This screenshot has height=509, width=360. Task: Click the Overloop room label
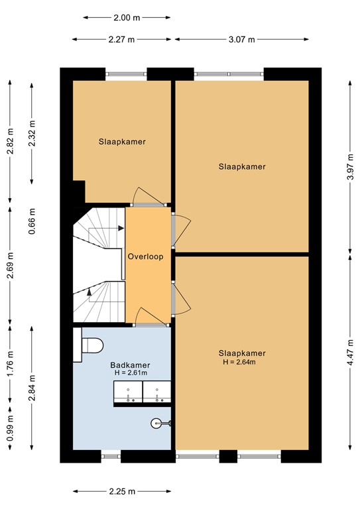(x=146, y=255)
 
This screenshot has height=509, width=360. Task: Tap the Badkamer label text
(x=130, y=365)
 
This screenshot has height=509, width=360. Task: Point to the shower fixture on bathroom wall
(x=159, y=422)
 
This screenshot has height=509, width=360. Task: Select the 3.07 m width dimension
(x=241, y=39)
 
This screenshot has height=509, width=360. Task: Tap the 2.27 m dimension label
(x=122, y=39)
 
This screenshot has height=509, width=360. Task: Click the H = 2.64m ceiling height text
(x=239, y=362)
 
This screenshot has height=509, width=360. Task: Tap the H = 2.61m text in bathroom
(x=130, y=374)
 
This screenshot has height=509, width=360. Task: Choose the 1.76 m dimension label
(x=10, y=363)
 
